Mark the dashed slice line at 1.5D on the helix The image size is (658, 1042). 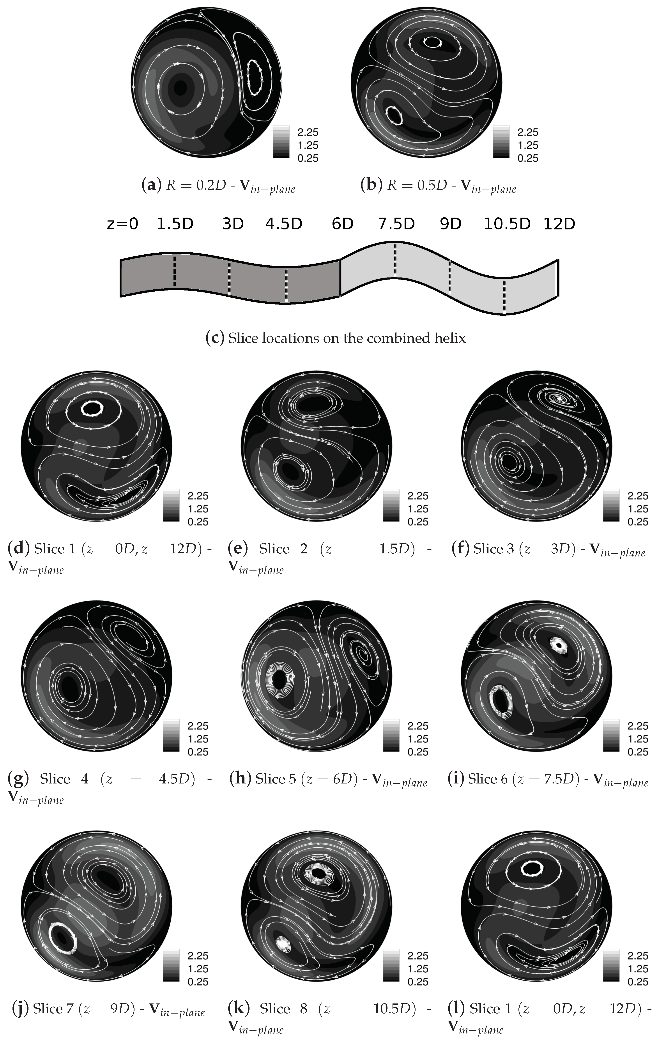click(175, 271)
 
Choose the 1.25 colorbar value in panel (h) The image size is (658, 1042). click(418, 739)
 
